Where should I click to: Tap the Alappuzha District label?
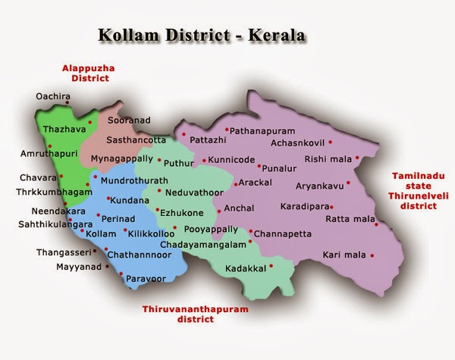click(91, 73)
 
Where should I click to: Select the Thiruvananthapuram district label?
click(190, 314)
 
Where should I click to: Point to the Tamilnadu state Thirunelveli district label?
click(419, 190)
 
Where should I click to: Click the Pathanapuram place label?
click(262, 131)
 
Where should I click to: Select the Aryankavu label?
click(318, 184)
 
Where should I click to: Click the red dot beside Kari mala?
click(377, 255)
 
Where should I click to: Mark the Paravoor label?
click(145, 278)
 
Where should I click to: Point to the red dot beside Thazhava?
click(90, 121)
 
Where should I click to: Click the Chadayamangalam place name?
click(204, 245)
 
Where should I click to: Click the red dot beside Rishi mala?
click(356, 159)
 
